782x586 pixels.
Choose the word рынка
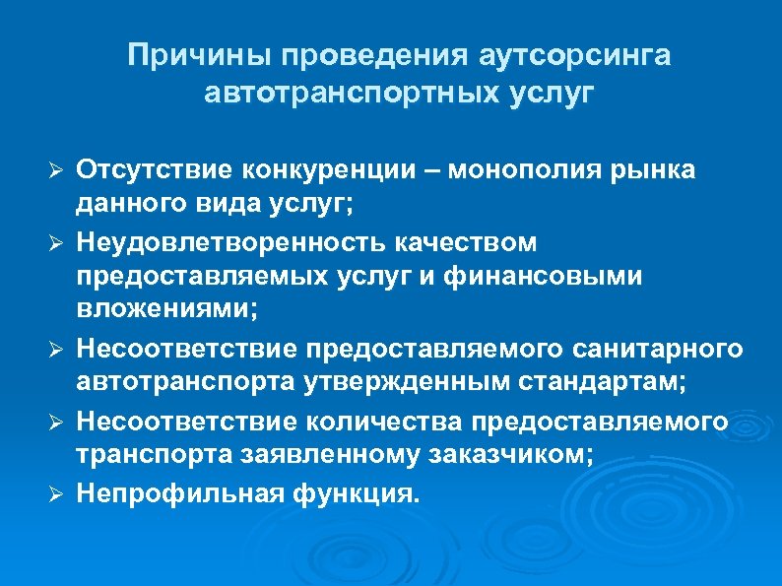coord(653,169)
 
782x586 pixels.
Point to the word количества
coord(384,422)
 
